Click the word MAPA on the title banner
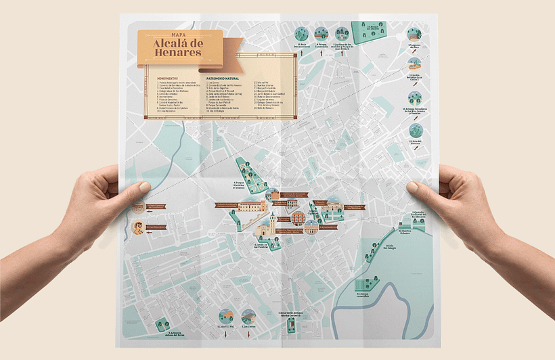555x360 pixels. (x=179, y=34)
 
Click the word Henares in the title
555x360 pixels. (x=179, y=52)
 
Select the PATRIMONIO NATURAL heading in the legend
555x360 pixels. (x=221, y=78)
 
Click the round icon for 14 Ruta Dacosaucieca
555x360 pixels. (x=301, y=33)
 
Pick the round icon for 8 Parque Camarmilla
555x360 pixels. (x=321, y=33)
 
